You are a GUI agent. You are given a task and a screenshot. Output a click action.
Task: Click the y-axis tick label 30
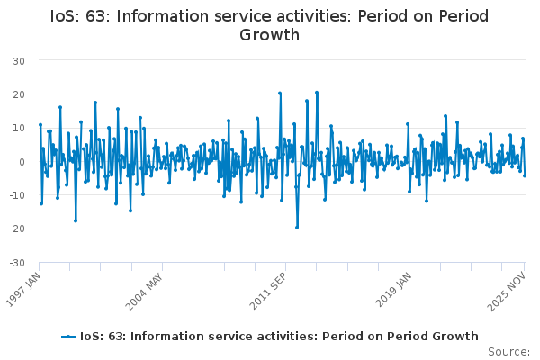click(x=18, y=60)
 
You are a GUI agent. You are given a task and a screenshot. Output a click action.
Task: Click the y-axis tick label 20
click(x=18, y=94)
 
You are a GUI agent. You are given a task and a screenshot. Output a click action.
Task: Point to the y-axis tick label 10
click(x=18, y=128)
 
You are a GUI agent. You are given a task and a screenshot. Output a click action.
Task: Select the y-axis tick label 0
click(x=21, y=162)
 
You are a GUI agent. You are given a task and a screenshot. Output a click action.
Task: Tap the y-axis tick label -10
click(x=16, y=195)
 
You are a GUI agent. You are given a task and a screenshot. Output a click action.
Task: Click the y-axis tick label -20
click(x=16, y=229)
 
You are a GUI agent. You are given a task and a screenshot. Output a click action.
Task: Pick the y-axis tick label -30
click(x=16, y=263)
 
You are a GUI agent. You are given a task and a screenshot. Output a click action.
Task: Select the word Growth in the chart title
click(x=269, y=36)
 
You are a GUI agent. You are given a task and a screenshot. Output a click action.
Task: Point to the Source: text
click(x=508, y=351)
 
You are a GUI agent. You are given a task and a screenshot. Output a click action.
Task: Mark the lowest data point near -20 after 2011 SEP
click(x=297, y=227)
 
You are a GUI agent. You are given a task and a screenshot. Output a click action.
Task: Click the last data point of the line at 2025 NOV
click(x=525, y=175)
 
